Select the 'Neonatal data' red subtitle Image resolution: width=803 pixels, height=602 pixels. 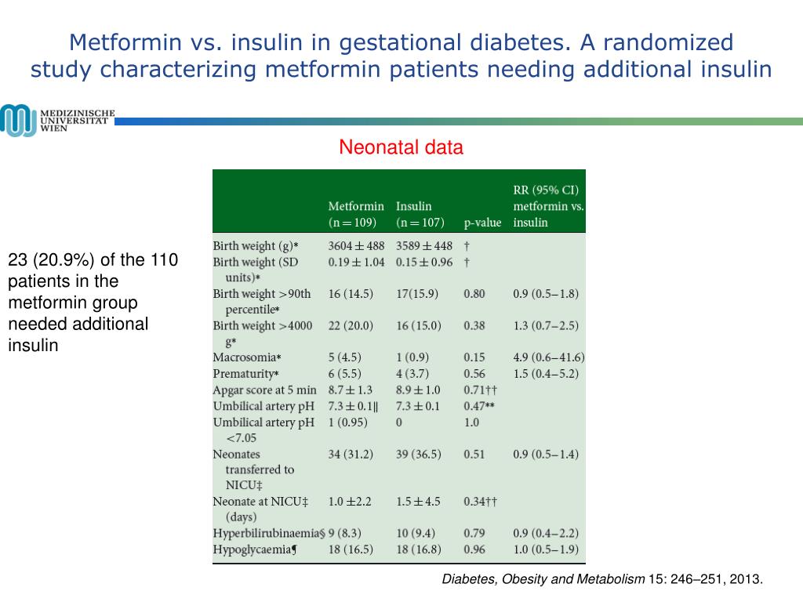401,147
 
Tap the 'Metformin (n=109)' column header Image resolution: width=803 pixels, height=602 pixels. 356,214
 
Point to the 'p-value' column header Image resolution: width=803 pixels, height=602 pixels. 482,223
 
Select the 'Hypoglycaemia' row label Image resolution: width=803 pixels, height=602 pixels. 255,549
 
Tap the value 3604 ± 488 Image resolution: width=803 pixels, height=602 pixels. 356,246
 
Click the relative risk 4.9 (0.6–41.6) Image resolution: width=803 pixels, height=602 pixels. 549,357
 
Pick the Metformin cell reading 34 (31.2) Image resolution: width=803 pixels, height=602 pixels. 351,454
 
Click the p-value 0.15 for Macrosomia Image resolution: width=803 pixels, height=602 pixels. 474,357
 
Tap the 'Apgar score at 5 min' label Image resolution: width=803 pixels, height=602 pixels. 264,390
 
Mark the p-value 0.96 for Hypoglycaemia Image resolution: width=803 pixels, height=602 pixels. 474,549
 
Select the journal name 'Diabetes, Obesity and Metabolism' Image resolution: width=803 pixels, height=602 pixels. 543,579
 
